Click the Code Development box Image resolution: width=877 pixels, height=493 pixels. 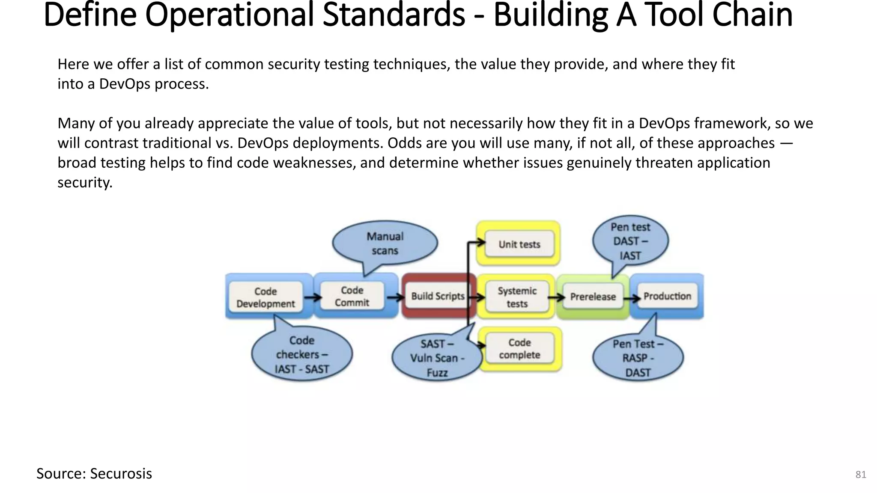point(265,297)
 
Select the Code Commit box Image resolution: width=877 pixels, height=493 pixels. point(352,297)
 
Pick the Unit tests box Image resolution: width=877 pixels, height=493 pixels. point(519,244)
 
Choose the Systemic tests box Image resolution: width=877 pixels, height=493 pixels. point(517,297)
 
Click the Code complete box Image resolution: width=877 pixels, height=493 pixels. point(519,349)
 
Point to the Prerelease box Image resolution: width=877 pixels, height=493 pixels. point(593,297)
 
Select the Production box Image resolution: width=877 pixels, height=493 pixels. point(667,296)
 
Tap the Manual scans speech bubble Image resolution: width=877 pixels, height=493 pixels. point(385,244)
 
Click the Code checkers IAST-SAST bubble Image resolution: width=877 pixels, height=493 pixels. point(302,355)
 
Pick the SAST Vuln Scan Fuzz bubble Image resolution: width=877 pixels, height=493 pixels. point(436,358)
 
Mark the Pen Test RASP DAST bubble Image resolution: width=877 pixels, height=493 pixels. point(638,358)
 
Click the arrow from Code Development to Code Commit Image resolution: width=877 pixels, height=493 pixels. point(313,297)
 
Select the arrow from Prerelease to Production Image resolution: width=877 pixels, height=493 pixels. point(632,298)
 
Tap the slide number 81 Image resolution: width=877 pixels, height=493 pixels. point(860,475)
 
